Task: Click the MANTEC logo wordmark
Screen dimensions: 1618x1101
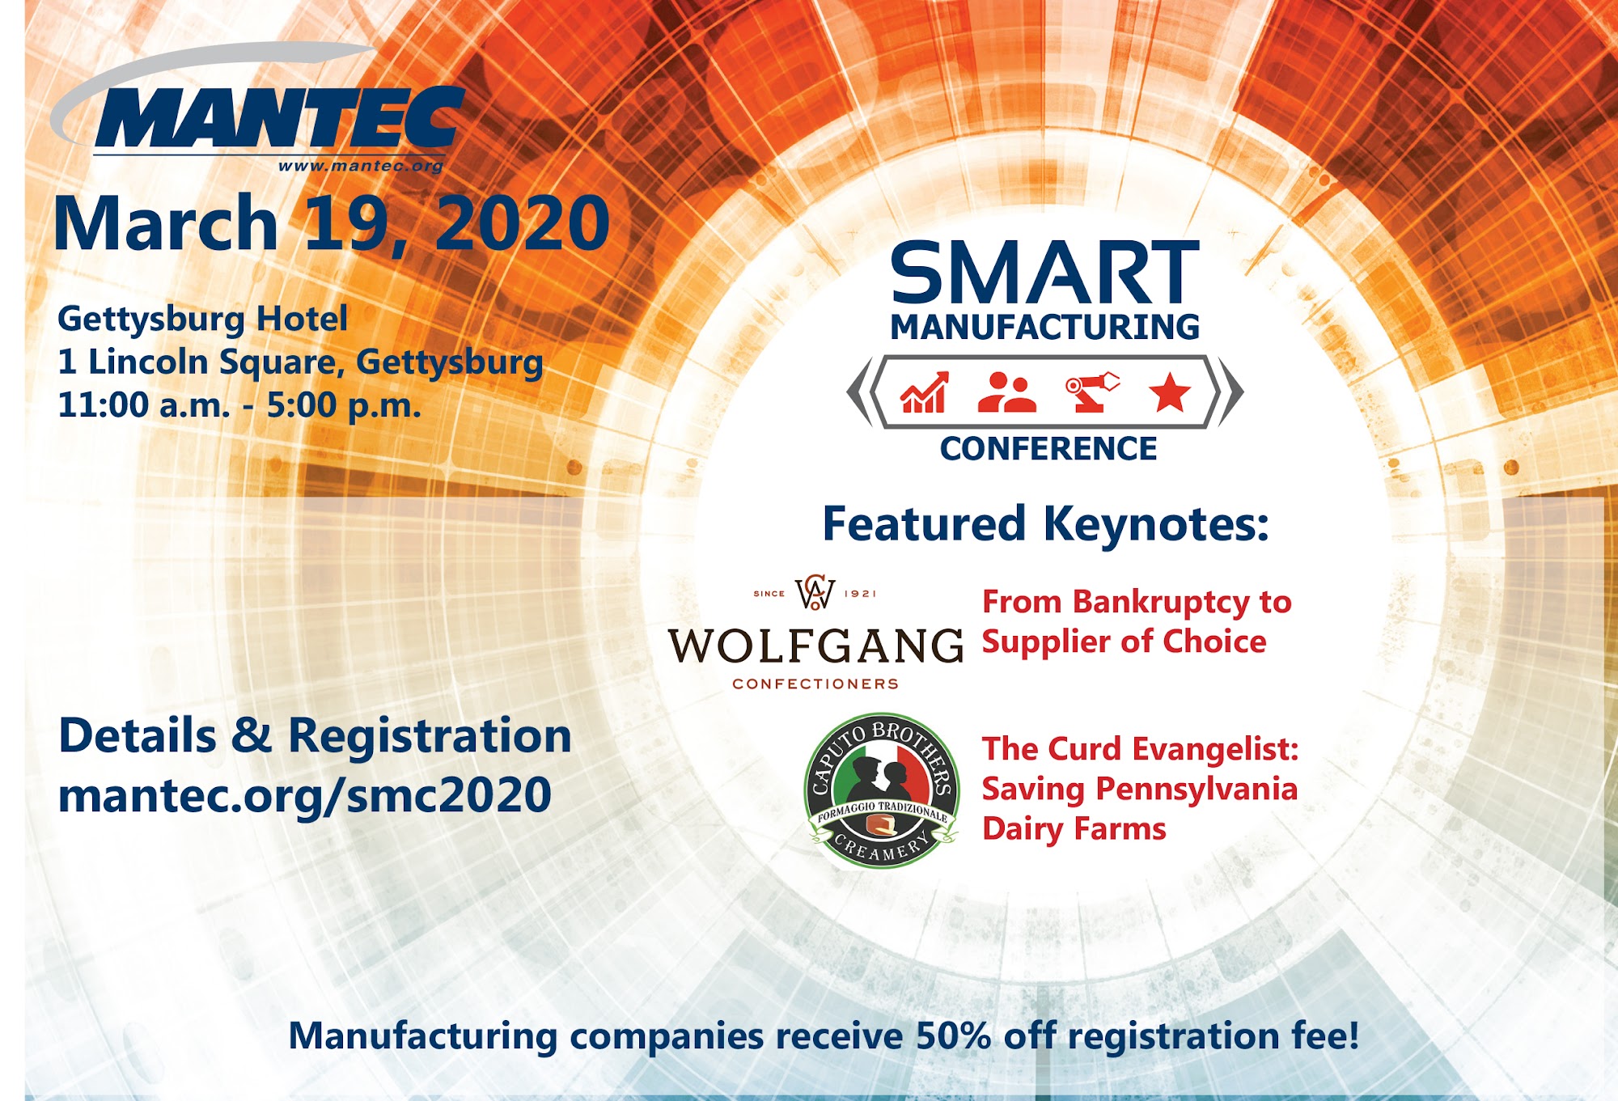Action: click(279, 118)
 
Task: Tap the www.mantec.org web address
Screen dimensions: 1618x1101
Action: click(361, 166)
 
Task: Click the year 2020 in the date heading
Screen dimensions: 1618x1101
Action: click(523, 223)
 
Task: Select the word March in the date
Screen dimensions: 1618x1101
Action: click(166, 223)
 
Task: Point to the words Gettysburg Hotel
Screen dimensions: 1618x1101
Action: click(203, 319)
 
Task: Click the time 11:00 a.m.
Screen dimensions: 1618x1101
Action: click(144, 404)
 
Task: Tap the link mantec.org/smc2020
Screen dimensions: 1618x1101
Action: click(305, 796)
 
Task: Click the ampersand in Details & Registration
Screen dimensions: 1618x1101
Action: click(252, 736)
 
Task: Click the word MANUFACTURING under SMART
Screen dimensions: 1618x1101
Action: click(1045, 327)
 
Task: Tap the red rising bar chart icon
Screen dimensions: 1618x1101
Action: click(925, 392)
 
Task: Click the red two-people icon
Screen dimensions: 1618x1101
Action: click(1006, 392)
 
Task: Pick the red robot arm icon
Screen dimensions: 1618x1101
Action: click(1092, 392)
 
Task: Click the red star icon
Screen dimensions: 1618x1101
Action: click(1170, 392)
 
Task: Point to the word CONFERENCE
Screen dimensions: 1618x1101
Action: click(1048, 448)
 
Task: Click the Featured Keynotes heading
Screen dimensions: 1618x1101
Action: click(1046, 524)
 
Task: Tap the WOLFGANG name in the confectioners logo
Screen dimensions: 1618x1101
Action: click(815, 646)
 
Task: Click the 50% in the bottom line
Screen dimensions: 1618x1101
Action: click(954, 1036)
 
